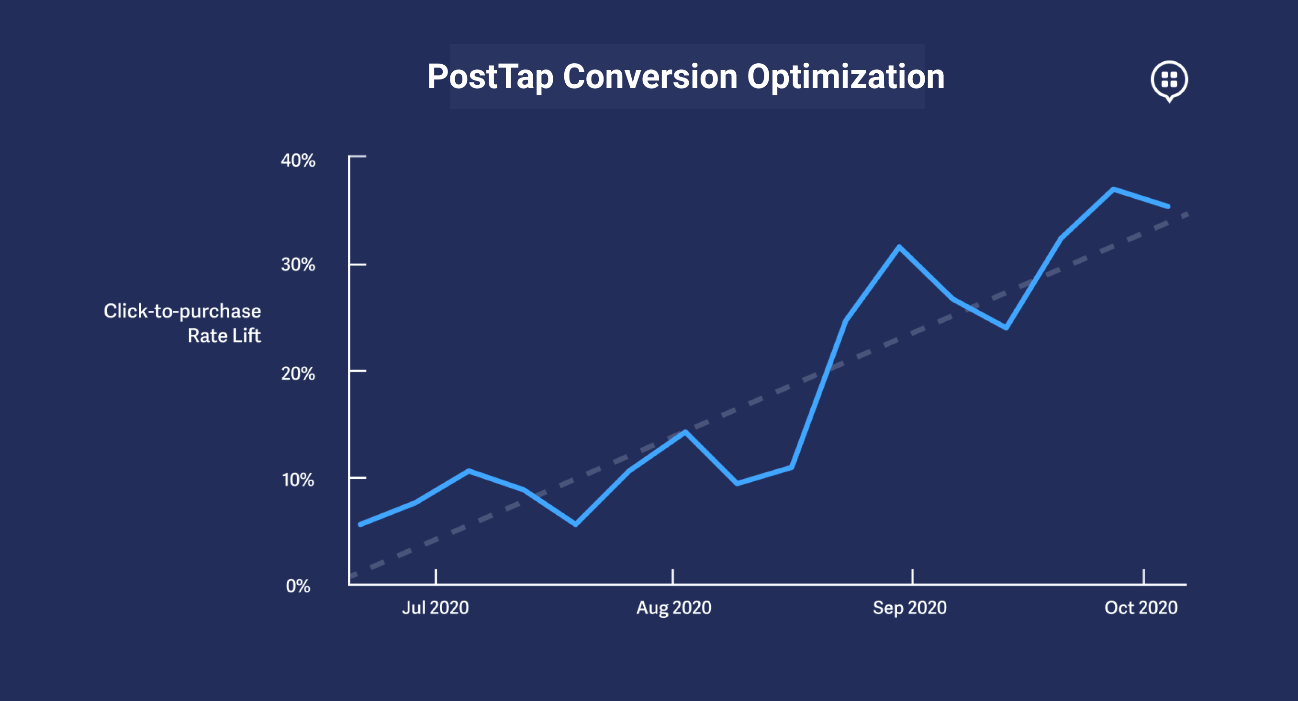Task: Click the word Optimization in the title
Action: tap(845, 77)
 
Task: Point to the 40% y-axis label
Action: tap(298, 160)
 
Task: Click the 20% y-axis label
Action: tap(298, 373)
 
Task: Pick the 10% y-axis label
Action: tap(298, 480)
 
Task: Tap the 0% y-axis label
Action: tap(298, 586)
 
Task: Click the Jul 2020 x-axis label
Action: tap(436, 607)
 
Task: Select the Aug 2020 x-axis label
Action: tap(674, 607)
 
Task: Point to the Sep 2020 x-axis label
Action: tap(909, 607)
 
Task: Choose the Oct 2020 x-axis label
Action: tap(1141, 607)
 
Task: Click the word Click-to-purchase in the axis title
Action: tap(182, 311)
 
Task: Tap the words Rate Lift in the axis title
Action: tap(224, 336)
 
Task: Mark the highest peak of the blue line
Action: tap(1113, 190)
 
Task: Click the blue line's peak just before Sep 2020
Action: tap(899, 247)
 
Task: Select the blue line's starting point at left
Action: tap(360, 525)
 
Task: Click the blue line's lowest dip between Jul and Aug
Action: tap(575, 525)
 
